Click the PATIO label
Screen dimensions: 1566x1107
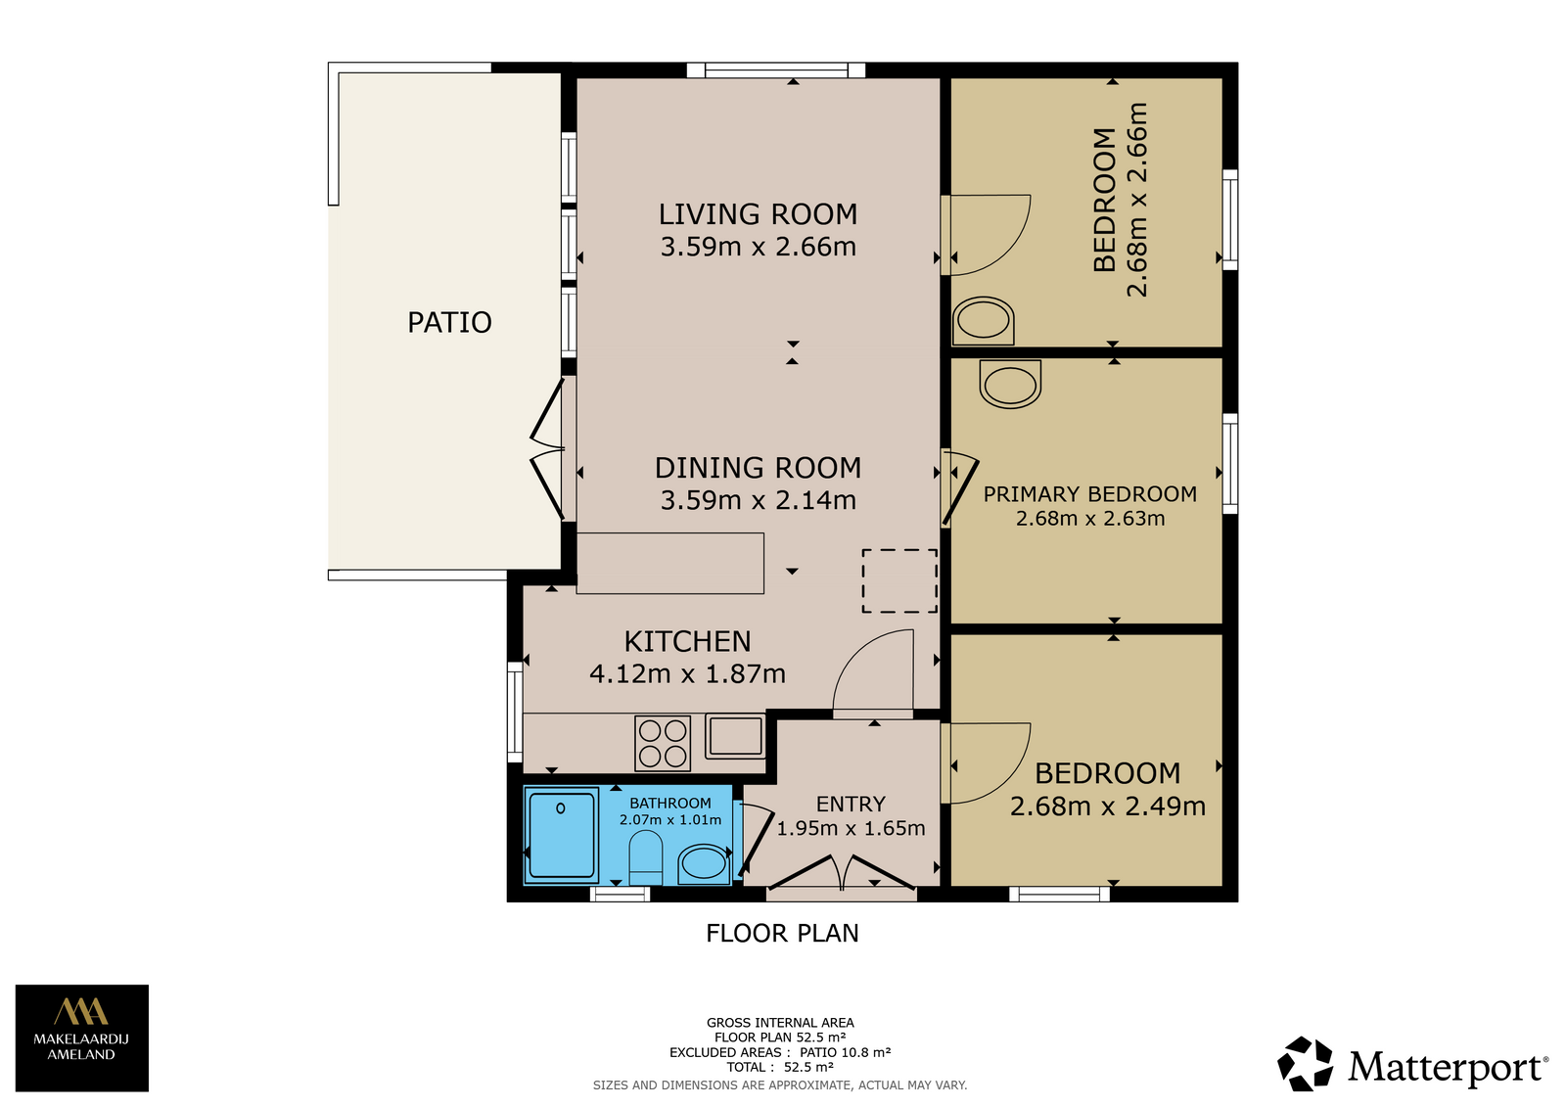coord(449,322)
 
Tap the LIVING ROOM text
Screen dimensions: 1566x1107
coord(758,214)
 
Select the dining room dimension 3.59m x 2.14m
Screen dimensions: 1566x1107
coord(758,500)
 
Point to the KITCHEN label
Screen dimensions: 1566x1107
coord(687,641)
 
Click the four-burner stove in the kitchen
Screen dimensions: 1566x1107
coord(663,743)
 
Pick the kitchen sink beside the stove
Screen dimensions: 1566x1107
coord(735,736)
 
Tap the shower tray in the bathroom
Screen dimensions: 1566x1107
coord(562,834)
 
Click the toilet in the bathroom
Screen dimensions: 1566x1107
coord(646,857)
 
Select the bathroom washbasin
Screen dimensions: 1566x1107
coord(704,863)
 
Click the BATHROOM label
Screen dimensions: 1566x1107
coord(669,803)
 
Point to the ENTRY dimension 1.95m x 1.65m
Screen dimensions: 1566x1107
coord(851,828)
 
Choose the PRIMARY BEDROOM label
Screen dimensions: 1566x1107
coord(1090,493)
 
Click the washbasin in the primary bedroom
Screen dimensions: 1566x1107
coord(1010,384)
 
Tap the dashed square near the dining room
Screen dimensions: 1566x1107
coord(899,581)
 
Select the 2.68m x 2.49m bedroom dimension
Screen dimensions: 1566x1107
coord(1107,806)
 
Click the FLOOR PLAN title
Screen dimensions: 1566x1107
coord(782,933)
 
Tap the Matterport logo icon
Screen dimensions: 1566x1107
coord(1305,1064)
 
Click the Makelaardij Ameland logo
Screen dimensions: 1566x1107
coord(82,1038)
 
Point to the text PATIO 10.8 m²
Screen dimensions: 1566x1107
coord(846,1052)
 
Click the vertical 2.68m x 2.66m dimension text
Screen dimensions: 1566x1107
coord(1137,200)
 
